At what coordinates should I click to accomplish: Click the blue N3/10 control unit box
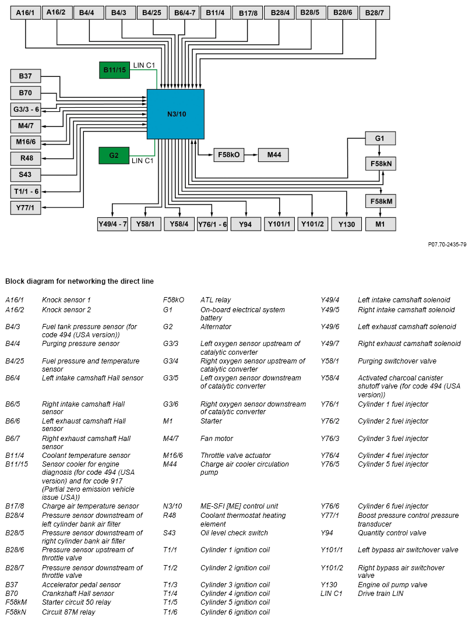(x=175, y=114)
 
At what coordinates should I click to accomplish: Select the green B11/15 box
(x=114, y=70)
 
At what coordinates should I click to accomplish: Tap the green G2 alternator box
(x=114, y=156)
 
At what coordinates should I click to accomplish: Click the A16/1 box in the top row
(x=26, y=12)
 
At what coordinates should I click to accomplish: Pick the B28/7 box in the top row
(x=374, y=12)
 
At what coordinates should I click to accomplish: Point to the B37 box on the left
(x=26, y=76)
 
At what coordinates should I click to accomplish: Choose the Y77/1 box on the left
(x=26, y=208)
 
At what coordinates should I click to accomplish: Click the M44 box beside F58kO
(x=273, y=155)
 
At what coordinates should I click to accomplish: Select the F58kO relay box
(x=228, y=155)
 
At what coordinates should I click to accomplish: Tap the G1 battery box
(x=380, y=139)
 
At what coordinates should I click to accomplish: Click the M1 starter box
(x=380, y=224)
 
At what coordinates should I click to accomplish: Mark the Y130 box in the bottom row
(x=346, y=224)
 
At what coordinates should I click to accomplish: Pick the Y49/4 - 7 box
(x=112, y=224)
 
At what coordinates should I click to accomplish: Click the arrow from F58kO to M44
(x=251, y=155)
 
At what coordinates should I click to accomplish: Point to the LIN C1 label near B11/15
(x=144, y=65)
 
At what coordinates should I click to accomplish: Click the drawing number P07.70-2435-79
(x=447, y=245)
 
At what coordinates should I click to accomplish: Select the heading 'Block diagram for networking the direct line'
(x=79, y=281)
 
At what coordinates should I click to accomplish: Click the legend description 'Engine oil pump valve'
(x=392, y=585)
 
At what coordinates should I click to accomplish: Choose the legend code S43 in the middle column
(x=170, y=533)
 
